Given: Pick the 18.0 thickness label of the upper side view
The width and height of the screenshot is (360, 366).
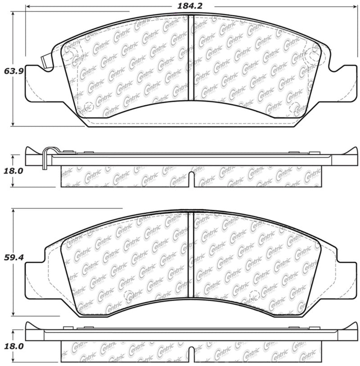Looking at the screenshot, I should tap(13, 171).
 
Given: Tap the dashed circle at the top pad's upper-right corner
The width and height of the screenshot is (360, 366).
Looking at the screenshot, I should tap(310, 58).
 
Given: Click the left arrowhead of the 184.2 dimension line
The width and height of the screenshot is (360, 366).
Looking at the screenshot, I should tap(28, 7).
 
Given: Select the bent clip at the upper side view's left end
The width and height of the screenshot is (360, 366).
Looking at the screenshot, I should tap(45, 158).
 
